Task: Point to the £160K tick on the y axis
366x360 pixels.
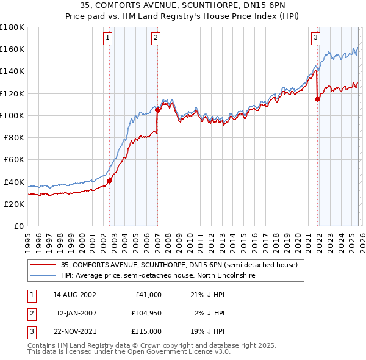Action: click(12, 49)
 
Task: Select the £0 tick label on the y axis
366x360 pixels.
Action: click(18, 226)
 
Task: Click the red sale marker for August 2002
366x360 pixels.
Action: click(110, 181)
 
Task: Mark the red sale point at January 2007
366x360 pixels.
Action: click(157, 110)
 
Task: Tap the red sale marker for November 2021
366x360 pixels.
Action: click(317, 99)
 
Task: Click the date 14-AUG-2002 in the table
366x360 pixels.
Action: click(74, 295)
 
